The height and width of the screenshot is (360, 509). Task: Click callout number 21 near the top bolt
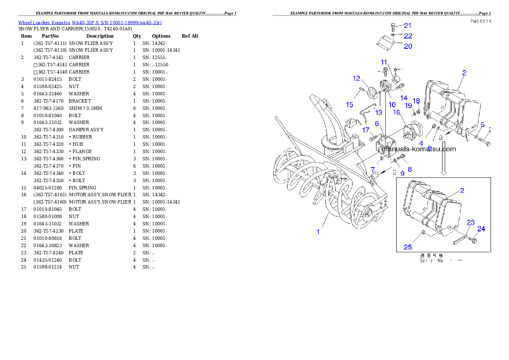[408, 26]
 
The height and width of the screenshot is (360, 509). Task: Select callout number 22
[408, 36]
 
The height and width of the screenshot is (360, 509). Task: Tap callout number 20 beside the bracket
[408, 46]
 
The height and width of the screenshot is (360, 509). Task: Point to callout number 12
[357, 78]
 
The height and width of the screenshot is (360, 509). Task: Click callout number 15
[349, 104]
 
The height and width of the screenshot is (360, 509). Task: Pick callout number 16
[397, 112]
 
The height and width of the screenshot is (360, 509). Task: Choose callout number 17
[366, 130]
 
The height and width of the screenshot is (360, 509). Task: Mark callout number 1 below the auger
[318, 232]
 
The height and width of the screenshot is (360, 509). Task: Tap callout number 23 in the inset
[471, 222]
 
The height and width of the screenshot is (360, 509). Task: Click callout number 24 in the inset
[481, 229]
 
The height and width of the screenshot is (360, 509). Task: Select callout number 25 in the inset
[408, 247]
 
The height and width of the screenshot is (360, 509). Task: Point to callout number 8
[409, 169]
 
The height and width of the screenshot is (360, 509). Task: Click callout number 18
[416, 101]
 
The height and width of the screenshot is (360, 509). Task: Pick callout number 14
[404, 98]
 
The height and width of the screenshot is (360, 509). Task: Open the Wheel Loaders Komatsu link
[90, 22]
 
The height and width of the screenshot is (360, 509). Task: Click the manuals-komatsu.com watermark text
[420, 149]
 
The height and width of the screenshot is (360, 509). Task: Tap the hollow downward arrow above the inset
[444, 160]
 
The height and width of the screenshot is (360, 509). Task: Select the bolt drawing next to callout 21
[393, 27]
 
